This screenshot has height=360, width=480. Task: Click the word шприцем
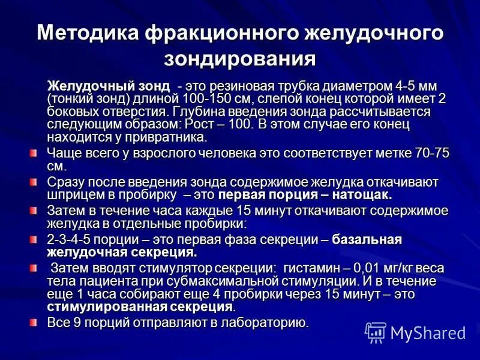[71, 196]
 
